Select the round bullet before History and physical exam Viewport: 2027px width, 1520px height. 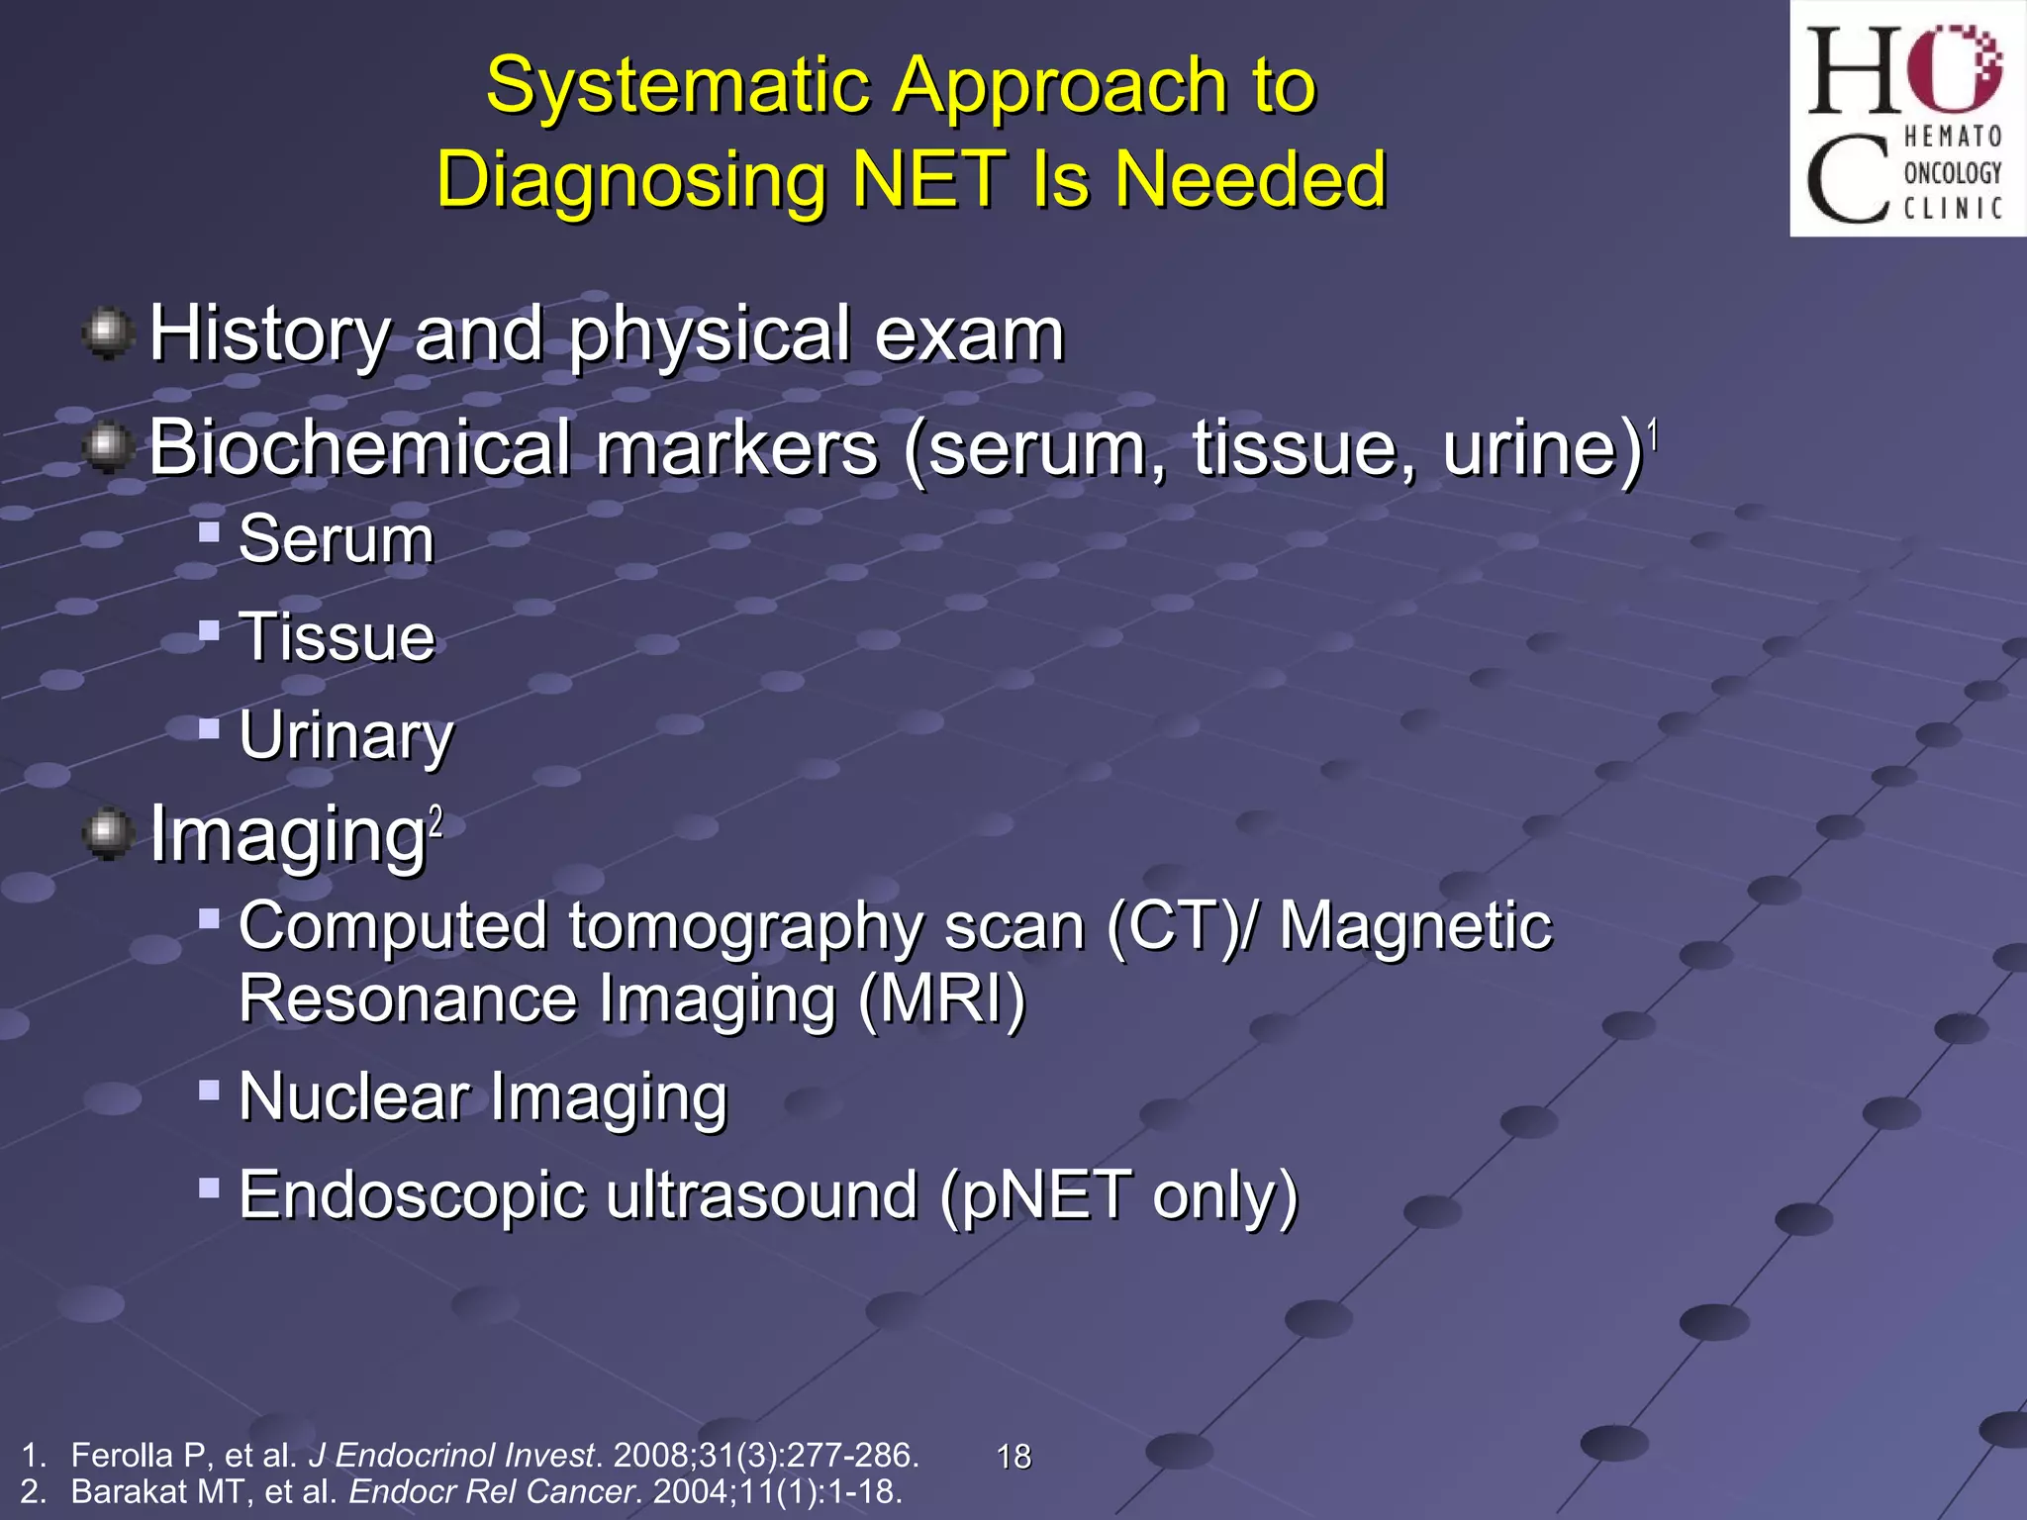tap(108, 332)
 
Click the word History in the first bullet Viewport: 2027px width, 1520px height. tap(269, 334)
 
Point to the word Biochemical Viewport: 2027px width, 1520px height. tap(358, 448)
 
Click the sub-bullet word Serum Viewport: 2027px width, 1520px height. tap(337, 540)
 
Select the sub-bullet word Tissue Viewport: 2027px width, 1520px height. tap(337, 637)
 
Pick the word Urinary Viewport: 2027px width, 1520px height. tap(346, 736)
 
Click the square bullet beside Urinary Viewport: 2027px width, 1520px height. tap(208, 729)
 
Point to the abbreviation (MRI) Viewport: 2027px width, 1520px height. tap(942, 999)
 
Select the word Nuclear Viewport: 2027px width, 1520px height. tap(354, 1097)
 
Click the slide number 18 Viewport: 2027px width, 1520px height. tap(1013, 1457)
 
